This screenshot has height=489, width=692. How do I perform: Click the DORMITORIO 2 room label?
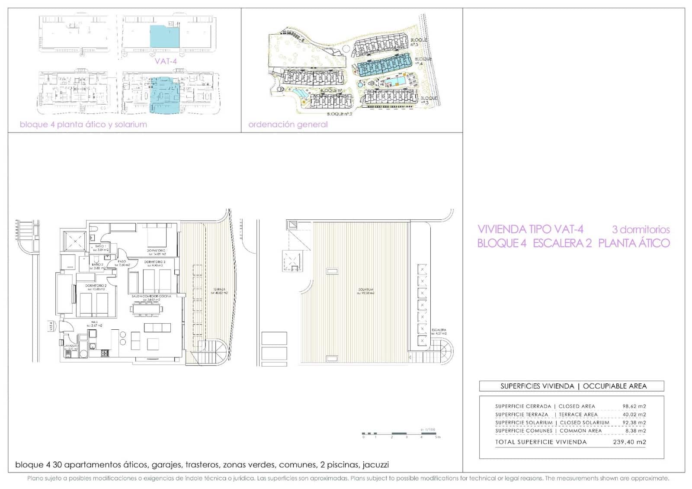(x=96, y=286)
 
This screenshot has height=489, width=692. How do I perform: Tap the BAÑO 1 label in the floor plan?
(x=100, y=246)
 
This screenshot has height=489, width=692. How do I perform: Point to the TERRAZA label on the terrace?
(x=219, y=290)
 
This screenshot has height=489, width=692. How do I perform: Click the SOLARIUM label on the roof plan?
(x=365, y=290)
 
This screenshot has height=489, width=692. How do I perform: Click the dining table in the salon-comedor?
(x=146, y=309)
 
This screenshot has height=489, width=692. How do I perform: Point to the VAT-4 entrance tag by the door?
(x=51, y=326)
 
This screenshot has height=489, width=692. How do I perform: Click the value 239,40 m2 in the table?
(x=629, y=442)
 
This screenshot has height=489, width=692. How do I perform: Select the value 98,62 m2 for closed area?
(x=634, y=406)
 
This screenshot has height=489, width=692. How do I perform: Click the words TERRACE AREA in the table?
(x=578, y=415)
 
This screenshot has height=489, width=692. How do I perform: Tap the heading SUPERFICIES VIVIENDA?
(x=537, y=386)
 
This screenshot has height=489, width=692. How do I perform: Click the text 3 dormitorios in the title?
(x=641, y=230)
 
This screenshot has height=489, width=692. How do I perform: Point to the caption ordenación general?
(x=288, y=125)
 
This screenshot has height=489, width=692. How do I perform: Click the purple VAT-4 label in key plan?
(x=166, y=61)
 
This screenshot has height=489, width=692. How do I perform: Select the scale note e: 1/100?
(x=428, y=430)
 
